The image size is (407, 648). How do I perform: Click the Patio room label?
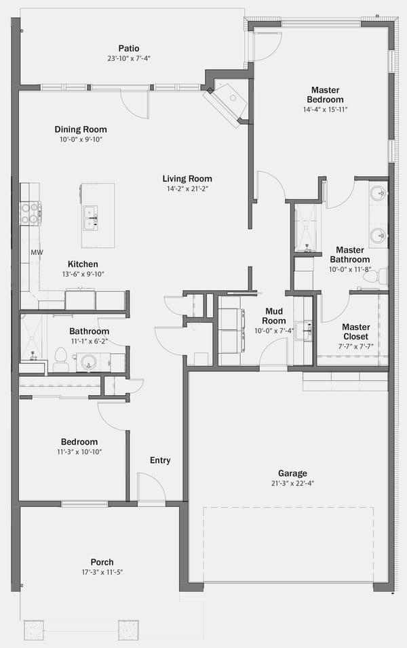tap(129, 48)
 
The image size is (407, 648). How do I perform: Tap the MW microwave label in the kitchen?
tap(37, 252)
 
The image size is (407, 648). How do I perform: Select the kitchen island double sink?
tap(91, 218)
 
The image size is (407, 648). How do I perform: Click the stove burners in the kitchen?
tap(31, 213)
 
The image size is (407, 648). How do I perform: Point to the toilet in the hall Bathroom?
tap(61, 359)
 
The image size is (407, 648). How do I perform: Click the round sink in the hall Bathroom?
tap(88, 362)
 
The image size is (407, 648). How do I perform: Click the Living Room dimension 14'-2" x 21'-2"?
tap(187, 189)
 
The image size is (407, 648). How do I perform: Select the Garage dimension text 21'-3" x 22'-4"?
tap(292, 483)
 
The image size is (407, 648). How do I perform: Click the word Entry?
tap(160, 460)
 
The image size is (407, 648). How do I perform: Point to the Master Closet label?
tap(355, 332)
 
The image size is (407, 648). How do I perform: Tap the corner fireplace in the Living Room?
tap(227, 102)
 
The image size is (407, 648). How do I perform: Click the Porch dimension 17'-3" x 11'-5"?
tap(102, 572)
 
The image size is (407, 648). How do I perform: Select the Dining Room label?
tap(81, 129)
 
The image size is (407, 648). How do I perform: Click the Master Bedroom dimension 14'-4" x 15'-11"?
tap(325, 110)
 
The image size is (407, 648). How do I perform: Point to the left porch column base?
tap(34, 630)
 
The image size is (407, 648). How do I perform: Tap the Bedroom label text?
tap(79, 442)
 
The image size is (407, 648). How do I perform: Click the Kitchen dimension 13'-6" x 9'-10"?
tap(83, 274)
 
